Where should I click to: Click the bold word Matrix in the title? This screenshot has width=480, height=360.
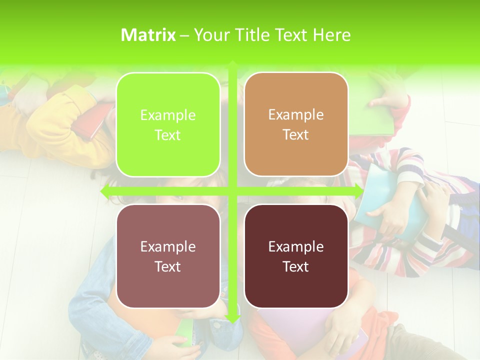point(148,35)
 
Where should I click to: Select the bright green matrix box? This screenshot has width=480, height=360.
point(168,124)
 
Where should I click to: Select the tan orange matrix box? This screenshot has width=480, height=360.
point(296,124)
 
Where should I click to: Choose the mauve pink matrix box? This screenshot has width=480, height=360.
point(168,256)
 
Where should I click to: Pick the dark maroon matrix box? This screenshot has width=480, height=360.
point(296,256)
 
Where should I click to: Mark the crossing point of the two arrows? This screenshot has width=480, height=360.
point(232,191)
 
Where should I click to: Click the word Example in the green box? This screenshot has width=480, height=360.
point(168,115)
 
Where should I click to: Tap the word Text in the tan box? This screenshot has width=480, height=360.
point(296,135)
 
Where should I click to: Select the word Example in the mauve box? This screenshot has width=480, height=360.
point(168,246)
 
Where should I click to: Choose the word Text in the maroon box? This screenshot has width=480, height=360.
point(296,266)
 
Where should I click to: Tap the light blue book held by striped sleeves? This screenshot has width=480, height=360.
point(395,200)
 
